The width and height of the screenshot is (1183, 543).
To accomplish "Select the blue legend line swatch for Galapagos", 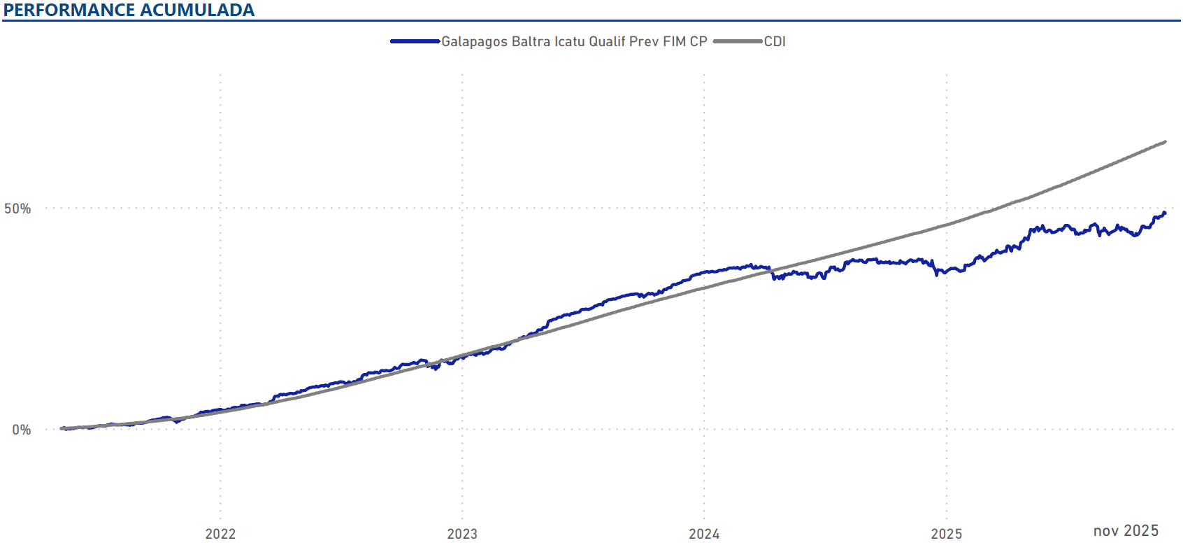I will [x=415, y=41].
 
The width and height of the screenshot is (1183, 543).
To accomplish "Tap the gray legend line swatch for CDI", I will [x=738, y=41].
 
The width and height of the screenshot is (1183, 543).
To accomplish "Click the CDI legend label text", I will [x=775, y=41].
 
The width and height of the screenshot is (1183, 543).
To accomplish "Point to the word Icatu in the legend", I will [x=569, y=41].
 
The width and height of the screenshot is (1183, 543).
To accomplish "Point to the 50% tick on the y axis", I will [x=17, y=209].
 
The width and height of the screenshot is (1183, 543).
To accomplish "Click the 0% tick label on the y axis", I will [x=21, y=430].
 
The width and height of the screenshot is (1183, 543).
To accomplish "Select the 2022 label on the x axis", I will [x=220, y=534].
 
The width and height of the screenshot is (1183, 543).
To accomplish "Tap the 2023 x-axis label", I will [x=462, y=534].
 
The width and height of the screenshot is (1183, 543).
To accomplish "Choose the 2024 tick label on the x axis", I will [x=704, y=534].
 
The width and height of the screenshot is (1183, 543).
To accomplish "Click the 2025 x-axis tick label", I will [x=946, y=534].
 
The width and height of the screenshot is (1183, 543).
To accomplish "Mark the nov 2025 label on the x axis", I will [x=1126, y=531].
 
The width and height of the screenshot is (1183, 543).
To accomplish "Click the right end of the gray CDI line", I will [x=1165, y=142].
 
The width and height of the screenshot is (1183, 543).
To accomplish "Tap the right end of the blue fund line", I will [x=1164, y=213].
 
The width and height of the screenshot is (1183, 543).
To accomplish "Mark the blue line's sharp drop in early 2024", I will [x=772, y=274].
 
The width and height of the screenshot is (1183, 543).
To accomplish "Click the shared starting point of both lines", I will [x=62, y=428].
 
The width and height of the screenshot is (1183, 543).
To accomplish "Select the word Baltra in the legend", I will [x=531, y=41].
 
